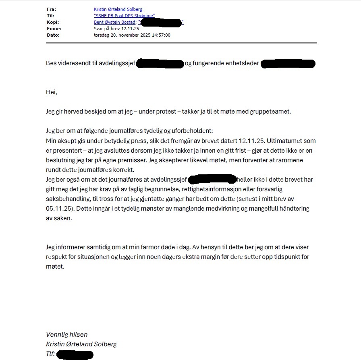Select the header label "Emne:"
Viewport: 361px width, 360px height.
click(54, 29)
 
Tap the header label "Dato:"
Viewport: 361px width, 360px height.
click(53, 35)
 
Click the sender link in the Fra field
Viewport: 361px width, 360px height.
click(118, 9)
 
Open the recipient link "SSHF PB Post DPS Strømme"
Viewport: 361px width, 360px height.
click(124, 16)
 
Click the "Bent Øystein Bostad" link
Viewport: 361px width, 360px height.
click(114, 22)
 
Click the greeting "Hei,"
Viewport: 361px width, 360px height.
click(52, 92)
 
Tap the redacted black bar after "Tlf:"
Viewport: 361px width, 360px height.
click(75, 354)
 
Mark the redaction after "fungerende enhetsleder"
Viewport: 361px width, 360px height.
click(288, 64)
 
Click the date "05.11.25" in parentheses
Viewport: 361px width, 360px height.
click(58, 209)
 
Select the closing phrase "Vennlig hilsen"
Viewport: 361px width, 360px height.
click(66, 335)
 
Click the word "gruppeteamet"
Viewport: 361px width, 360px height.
click(273, 112)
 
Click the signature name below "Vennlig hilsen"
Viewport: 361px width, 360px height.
click(81, 344)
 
